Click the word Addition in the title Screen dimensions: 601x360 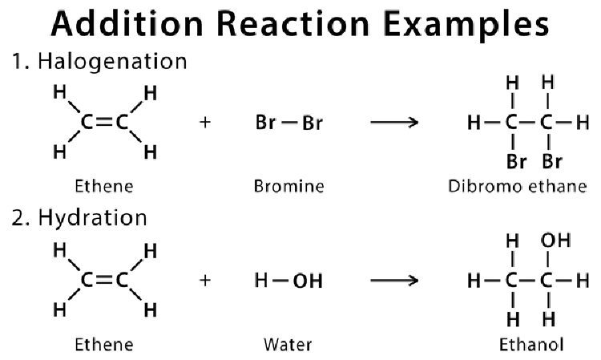(127, 24)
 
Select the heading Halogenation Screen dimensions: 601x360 (112, 62)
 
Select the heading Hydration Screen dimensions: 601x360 (92, 219)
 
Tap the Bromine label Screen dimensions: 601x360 (289, 186)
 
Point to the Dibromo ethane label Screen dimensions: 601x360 (518, 186)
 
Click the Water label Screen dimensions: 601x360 (288, 344)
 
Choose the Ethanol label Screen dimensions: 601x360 (531, 344)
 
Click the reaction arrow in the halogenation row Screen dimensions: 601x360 (394, 123)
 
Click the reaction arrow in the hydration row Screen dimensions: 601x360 (394, 281)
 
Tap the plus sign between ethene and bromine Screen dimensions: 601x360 (205, 123)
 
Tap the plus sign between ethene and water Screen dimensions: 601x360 (205, 281)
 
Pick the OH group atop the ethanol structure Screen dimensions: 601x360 (556, 241)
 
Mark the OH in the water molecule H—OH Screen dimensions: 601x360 (308, 281)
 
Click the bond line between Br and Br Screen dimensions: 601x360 (289, 123)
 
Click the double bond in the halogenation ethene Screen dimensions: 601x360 (104, 123)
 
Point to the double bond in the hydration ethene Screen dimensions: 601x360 (104, 281)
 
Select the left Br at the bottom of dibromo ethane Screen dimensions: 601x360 (516, 162)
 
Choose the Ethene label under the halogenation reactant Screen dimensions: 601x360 (104, 186)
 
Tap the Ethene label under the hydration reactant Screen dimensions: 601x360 (104, 344)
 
